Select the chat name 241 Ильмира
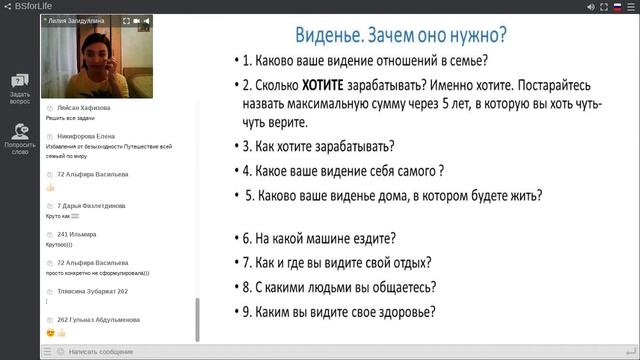pos(77,234)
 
